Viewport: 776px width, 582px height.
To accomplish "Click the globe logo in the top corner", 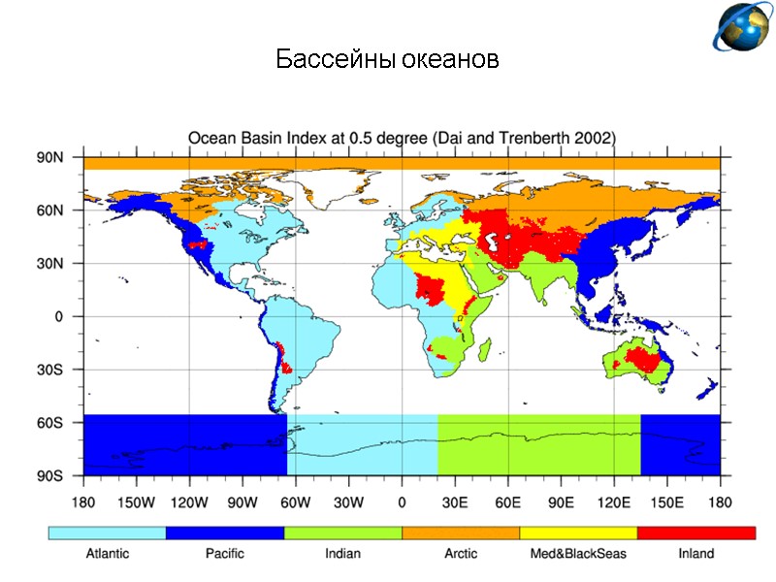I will tap(743, 27).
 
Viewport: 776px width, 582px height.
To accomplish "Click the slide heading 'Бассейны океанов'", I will tap(387, 60).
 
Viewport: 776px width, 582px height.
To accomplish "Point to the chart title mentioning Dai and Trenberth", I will tap(402, 138).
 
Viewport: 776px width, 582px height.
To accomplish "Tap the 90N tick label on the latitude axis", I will tap(50, 157).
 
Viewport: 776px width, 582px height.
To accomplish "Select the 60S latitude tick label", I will tap(50, 423).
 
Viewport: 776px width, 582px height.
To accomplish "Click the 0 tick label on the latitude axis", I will tap(57, 316).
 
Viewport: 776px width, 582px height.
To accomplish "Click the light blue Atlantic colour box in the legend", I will tap(107, 533).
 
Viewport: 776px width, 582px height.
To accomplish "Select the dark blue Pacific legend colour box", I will tap(225, 533).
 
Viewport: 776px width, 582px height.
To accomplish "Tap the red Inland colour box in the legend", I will tap(695, 533).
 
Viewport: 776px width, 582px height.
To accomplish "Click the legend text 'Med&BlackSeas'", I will tap(578, 554).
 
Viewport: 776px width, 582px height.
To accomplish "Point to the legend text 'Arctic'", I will tap(461, 554).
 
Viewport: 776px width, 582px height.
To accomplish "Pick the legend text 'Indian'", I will tap(342, 554).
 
